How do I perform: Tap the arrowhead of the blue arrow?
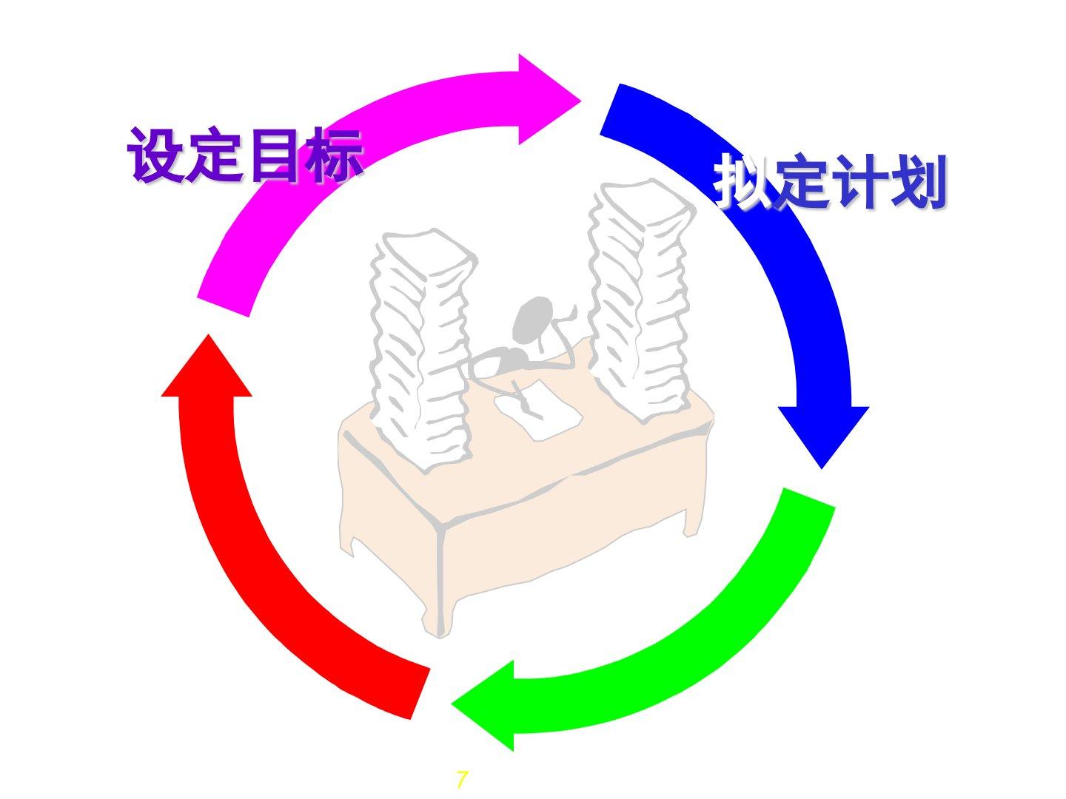(x=822, y=433)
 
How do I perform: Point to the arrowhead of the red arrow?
(x=207, y=371)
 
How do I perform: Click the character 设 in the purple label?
(x=156, y=155)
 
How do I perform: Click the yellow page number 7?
(x=462, y=780)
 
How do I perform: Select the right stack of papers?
(x=640, y=296)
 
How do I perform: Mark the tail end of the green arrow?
(x=807, y=499)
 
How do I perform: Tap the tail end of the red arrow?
(x=418, y=692)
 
